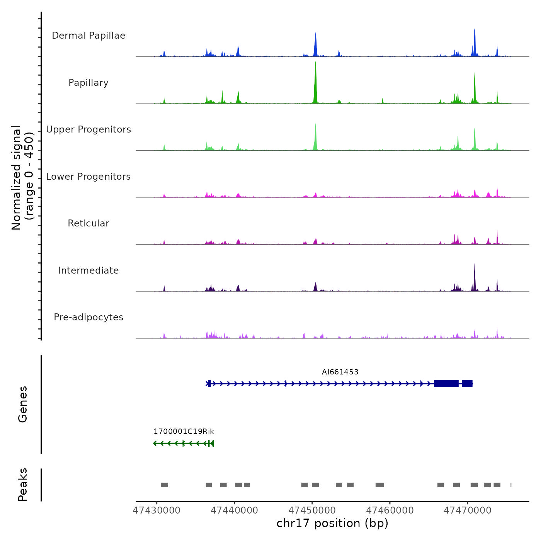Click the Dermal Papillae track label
click(x=88, y=36)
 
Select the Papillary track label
click(x=88, y=83)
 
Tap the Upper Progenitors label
click(x=88, y=129)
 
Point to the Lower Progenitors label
click(x=88, y=177)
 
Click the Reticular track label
click(x=88, y=223)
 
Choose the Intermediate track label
click(x=88, y=270)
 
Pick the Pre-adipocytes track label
click(x=88, y=317)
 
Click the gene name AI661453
click(x=340, y=372)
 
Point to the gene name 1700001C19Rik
click(x=184, y=431)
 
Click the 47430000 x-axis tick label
click(x=157, y=510)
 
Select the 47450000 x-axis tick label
click(x=313, y=510)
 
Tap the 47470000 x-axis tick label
click(x=468, y=510)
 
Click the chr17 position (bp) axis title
click(x=332, y=523)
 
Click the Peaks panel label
click(x=23, y=485)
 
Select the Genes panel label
click(x=23, y=404)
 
